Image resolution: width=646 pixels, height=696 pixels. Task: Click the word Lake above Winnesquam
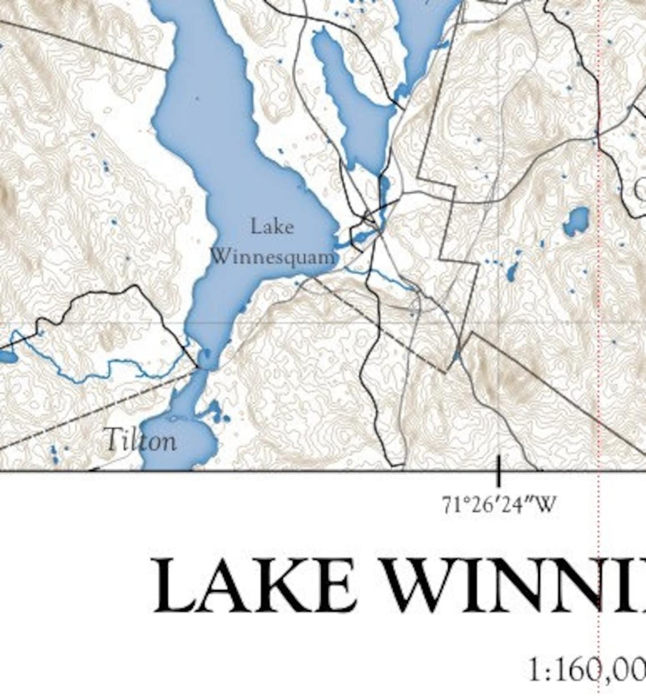click(272, 227)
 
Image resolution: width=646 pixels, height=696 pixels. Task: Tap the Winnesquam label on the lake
click(273, 257)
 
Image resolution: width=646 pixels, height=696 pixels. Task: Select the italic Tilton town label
click(141, 440)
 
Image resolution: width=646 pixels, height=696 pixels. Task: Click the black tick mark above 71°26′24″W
click(499, 470)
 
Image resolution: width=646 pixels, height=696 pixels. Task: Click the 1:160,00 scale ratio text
click(586, 670)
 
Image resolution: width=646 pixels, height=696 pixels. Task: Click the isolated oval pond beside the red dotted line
click(576, 222)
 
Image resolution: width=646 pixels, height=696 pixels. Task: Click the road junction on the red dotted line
click(597, 134)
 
